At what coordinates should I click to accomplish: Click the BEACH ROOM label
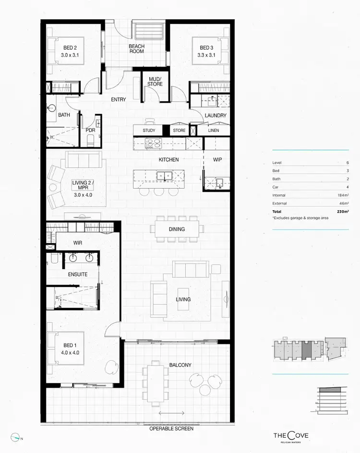(136, 49)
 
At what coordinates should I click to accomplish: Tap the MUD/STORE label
(155, 81)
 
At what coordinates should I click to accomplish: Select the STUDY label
(149, 131)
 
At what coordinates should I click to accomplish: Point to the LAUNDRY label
(215, 116)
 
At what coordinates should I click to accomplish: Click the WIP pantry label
(217, 159)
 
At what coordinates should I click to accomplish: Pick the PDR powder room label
(90, 130)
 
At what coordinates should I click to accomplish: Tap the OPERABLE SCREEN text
(171, 429)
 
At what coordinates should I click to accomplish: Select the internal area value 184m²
(342, 195)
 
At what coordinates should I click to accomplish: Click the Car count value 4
(347, 187)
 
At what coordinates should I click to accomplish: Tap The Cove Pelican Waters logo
(291, 436)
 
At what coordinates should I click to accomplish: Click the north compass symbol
(17, 437)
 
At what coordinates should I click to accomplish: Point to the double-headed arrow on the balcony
(171, 413)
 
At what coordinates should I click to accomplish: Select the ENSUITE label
(77, 274)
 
